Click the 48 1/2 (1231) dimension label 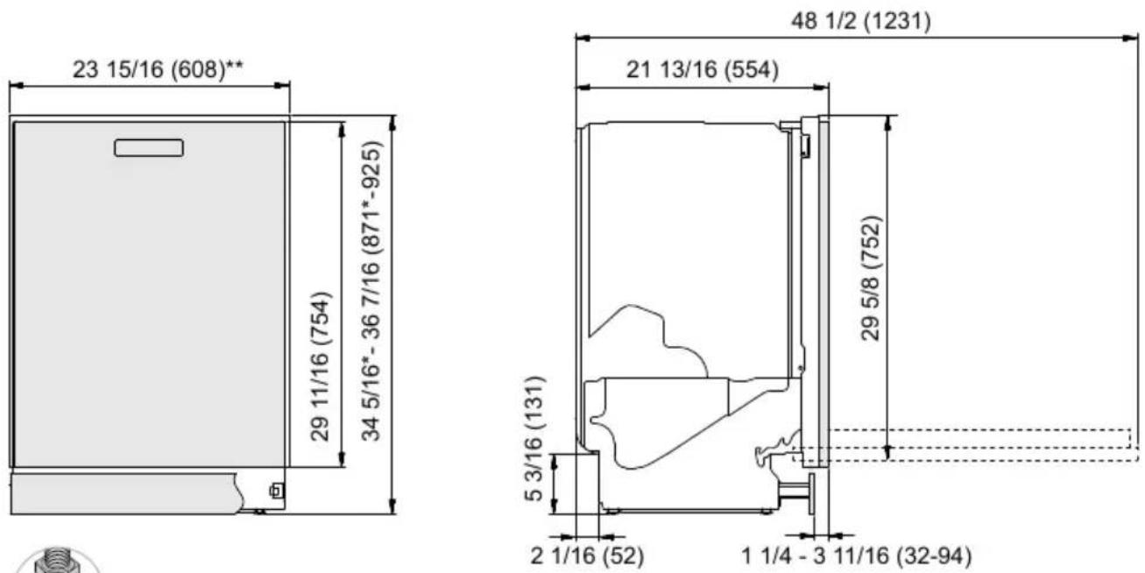click(861, 22)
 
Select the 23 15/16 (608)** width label click(158, 69)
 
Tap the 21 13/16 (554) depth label click(703, 69)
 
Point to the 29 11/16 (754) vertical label click(322, 366)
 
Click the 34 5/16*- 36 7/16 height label click(371, 291)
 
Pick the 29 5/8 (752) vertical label click(872, 278)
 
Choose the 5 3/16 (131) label click(535, 439)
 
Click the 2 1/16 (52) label click(587, 556)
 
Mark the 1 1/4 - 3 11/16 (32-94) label click(856, 556)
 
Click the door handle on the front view click(149, 148)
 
